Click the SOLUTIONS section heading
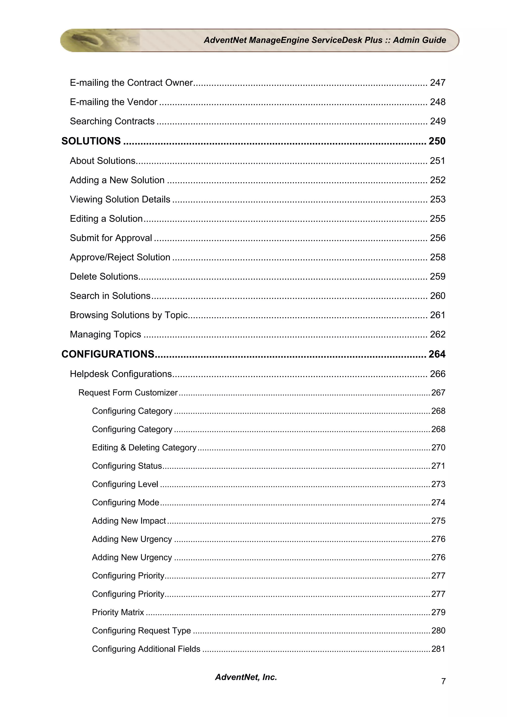[91, 141]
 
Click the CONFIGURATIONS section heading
[108, 354]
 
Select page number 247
[437, 83]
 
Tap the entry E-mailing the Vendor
[113, 102]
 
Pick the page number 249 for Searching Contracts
[437, 121]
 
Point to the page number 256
[437, 238]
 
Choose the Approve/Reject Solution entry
[120, 257]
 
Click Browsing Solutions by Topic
[128, 315]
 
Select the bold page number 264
[437, 354]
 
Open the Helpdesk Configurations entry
[121, 374]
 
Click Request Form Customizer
[128, 393]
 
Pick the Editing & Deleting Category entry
[144, 448]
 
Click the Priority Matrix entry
[118, 612]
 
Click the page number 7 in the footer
[443, 681]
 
